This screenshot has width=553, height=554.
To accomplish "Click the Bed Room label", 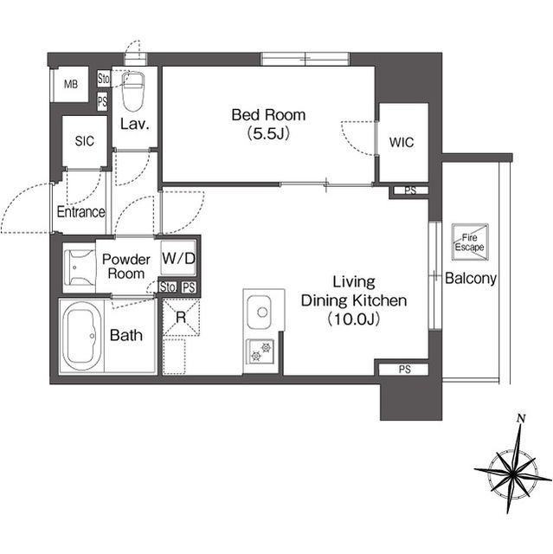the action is pyautogui.click(x=268, y=115).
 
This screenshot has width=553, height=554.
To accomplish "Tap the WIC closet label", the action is pyautogui.click(x=402, y=142).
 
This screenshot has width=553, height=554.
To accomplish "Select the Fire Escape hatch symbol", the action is pyautogui.click(x=470, y=242).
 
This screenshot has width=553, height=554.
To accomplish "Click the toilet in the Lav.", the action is pyautogui.click(x=132, y=91).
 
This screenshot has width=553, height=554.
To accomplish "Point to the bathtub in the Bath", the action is pyautogui.click(x=81, y=336).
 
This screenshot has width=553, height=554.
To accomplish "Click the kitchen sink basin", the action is pyautogui.click(x=260, y=312).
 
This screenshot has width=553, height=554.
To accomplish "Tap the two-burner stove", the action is pyautogui.click(x=260, y=352).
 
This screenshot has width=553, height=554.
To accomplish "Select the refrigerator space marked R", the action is pyautogui.click(x=181, y=318).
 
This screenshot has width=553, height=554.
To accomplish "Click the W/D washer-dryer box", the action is pyautogui.click(x=178, y=258).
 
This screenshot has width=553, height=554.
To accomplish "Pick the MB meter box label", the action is pyautogui.click(x=71, y=85).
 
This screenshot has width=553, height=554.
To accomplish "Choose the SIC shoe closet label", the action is pyautogui.click(x=85, y=141).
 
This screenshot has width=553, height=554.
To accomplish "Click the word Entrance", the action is pyautogui.click(x=80, y=212).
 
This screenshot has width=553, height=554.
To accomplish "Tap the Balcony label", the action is pyautogui.click(x=471, y=279).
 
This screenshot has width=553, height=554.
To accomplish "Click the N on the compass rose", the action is pyautogui.click(x=520, y=419).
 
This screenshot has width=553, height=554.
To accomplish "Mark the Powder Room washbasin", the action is pyautogui.click(x=80, y=267).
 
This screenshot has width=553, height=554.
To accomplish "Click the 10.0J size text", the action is pyautogui.click(x=354, y=319).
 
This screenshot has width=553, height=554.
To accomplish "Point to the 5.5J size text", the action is pyautogui.click(x=268, y=134).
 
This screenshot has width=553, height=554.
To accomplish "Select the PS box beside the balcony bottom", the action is pyautogui.click(x=404, y=370).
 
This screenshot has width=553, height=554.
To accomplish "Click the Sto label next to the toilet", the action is pyautogui.click(x=104, y=79).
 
